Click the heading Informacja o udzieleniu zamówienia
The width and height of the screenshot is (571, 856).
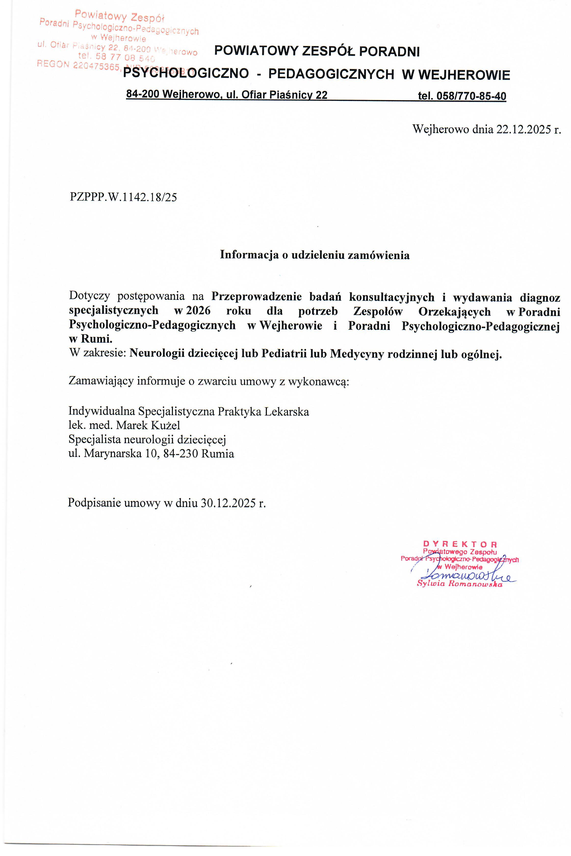click(315, 255)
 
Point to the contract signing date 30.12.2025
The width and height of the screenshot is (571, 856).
click(228, 503)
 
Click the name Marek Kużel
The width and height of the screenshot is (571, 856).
click(148, 426)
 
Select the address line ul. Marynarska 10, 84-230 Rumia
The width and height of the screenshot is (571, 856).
click(151, 454)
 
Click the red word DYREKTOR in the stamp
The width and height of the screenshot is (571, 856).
click(460, 544)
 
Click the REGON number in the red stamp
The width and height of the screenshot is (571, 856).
click(96, 66)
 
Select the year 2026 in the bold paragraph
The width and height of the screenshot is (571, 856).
click(198, 311)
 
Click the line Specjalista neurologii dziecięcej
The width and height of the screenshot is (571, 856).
click(147, 440)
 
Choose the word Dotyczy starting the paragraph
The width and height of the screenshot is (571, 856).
click(89, 296)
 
